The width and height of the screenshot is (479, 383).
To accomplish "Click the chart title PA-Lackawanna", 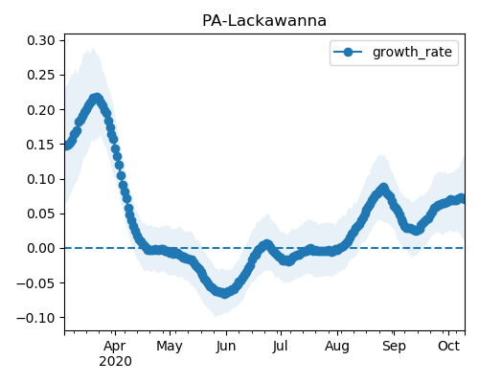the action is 264,21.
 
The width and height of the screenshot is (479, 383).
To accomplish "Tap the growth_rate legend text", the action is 412,52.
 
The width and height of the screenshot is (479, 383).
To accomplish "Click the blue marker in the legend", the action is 348,52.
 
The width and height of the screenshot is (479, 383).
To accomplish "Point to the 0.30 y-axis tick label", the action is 41,40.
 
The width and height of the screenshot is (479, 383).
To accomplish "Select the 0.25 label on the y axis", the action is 41,76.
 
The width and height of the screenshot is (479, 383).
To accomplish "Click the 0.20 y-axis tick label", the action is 41,110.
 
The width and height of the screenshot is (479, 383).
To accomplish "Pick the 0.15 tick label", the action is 41,145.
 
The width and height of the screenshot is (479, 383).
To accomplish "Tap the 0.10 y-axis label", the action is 41,179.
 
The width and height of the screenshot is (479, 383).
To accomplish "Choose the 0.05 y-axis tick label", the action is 41,214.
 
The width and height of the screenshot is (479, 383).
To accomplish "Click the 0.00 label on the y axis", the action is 41,248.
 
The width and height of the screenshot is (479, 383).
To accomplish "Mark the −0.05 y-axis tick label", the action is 35,283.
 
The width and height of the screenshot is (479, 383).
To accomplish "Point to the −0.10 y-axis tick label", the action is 35,318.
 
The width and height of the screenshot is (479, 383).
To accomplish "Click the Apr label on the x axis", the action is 115,347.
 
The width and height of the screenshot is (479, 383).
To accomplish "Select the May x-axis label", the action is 170,347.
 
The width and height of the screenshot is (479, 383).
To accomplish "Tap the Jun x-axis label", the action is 226,347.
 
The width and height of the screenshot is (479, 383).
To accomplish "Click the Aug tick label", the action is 337,347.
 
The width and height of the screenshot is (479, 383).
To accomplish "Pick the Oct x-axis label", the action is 448,346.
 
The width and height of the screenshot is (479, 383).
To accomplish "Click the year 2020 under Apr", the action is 115,362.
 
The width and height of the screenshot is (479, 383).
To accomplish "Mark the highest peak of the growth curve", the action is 97,98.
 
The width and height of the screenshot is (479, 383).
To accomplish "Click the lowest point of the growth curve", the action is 225,293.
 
